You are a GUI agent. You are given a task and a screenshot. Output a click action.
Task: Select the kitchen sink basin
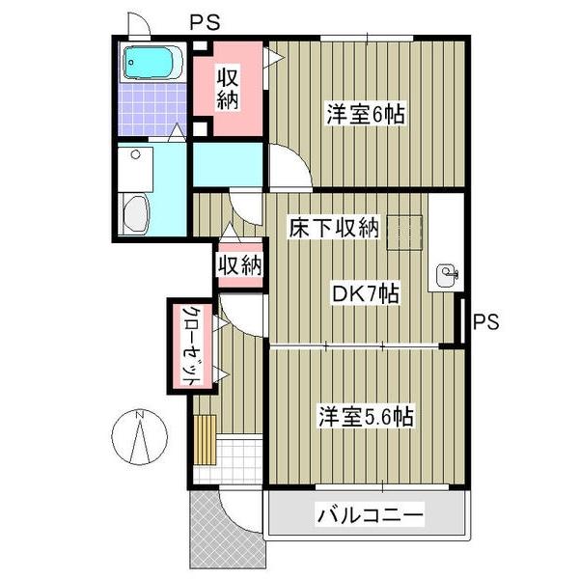pos(447,275)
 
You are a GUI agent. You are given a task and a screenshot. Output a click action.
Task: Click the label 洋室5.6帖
pos(367,417)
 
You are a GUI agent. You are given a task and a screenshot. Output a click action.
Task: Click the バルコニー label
pos(370,516)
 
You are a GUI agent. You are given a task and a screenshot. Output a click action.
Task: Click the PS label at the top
pos(203,20)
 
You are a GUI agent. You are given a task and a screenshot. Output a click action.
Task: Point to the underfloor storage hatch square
pos(406,230)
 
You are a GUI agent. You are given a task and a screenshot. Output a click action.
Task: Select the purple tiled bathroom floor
pos(145,111)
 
